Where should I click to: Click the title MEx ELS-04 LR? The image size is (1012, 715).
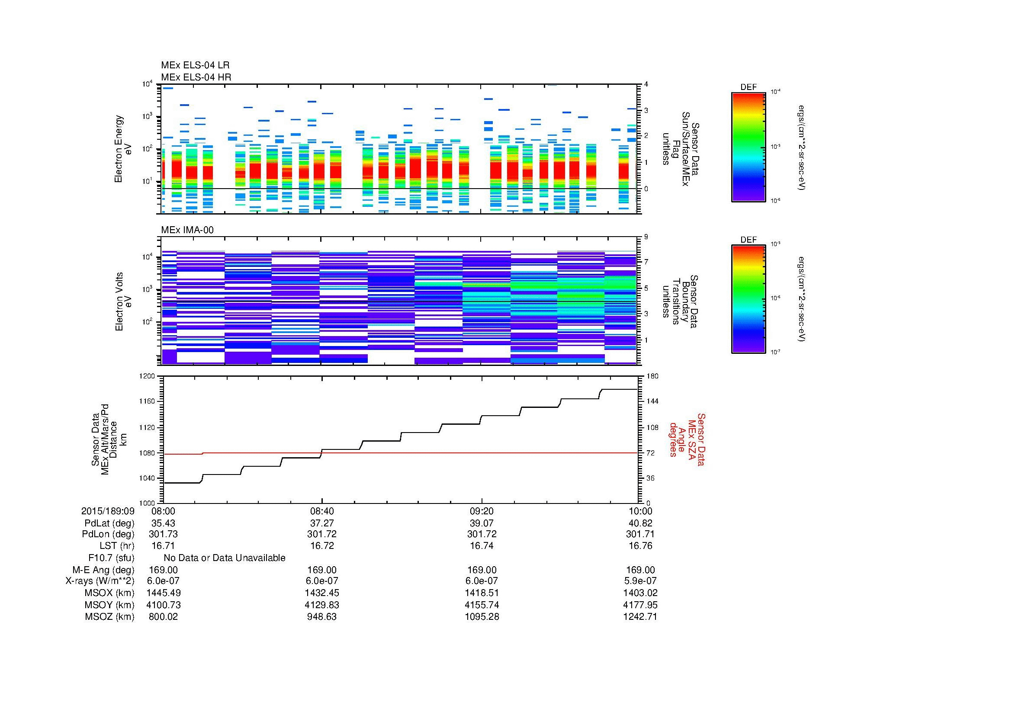coord(195,65)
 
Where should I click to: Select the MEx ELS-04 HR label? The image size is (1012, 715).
coord(196,77)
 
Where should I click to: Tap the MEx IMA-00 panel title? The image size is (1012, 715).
coord(187,230)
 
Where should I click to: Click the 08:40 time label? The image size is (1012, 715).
coord(322,511)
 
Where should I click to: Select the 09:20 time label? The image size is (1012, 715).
coord(482,511)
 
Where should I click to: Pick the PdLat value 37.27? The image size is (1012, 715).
coord(322,523)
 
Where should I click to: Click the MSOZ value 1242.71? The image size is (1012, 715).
coord(640,617)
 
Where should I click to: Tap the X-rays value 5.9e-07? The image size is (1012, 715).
coord(640,581)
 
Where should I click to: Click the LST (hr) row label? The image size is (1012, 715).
coord(117,546)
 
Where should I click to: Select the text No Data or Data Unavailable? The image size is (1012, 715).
coord(225,558)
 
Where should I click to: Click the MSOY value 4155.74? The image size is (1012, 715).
coord(482,605)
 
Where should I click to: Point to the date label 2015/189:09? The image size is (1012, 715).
coord(108,511)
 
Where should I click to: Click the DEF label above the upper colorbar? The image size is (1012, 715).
coord(749,87)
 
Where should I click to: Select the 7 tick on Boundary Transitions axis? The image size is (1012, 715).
coord(646,262)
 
